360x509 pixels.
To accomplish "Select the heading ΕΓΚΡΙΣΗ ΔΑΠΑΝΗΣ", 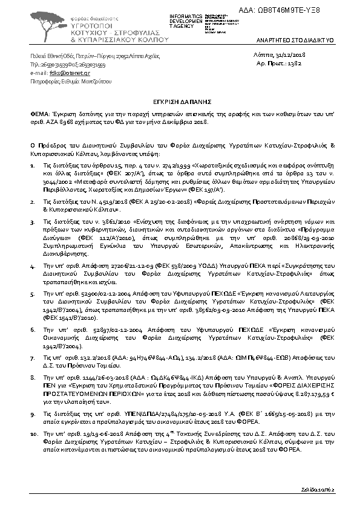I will pos(180,103).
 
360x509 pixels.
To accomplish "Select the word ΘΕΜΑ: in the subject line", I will pos(39,113).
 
